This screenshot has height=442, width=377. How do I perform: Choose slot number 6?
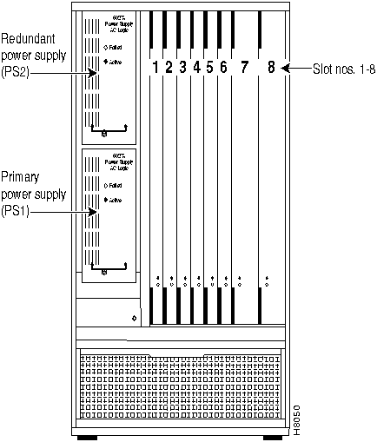tap(224, 67)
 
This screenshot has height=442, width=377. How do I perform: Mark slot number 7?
tap(244, 67)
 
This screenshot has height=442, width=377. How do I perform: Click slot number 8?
tap(272, 67)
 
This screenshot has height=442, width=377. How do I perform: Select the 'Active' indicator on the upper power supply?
tap(114, 63)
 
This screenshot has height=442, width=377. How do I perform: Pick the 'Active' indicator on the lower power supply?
tap(114, 201)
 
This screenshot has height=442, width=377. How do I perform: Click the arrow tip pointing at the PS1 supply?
tap(96, 209)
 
